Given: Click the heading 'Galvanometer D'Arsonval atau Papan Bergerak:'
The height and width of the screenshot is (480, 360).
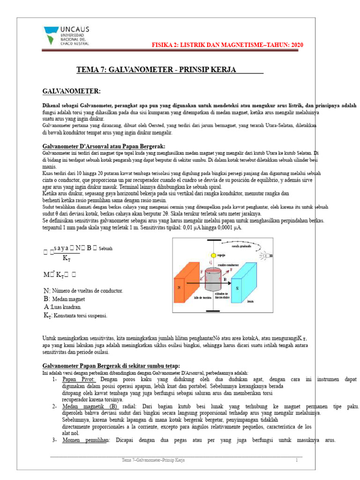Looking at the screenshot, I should [x=104, y=145].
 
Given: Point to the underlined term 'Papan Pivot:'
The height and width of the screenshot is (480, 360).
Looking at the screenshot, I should [x=79, y=379].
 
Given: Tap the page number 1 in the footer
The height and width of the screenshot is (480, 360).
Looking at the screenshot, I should [x=296, y=461].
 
